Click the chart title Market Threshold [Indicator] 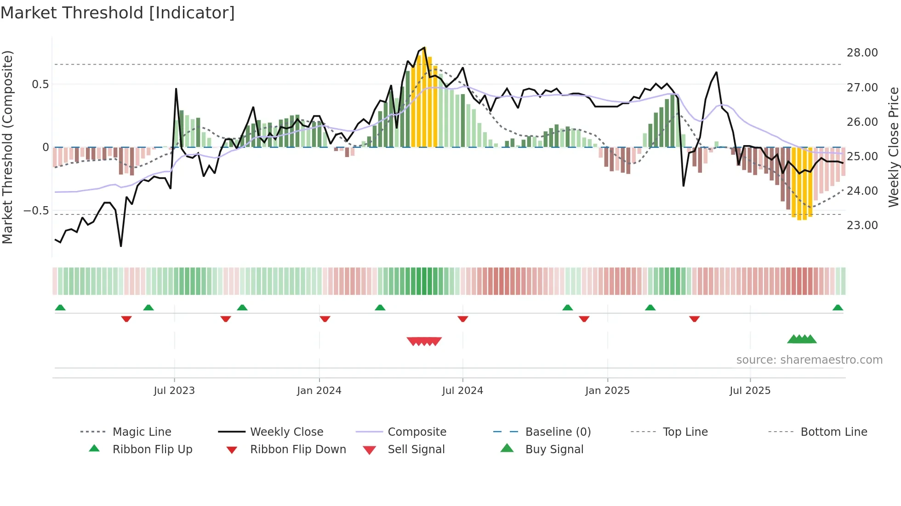coord(118,13)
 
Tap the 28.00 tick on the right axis coord(862,53)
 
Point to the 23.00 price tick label coord(862,225)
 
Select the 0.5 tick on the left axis coord(40,84)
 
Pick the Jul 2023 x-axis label coord(174,391)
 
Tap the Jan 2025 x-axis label coord(607,391)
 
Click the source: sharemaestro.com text coord(809,360)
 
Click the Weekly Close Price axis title coord(893,147)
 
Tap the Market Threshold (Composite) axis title coord(7,147)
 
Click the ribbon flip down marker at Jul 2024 coord(463,319)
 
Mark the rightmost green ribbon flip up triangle coord(838,308)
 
